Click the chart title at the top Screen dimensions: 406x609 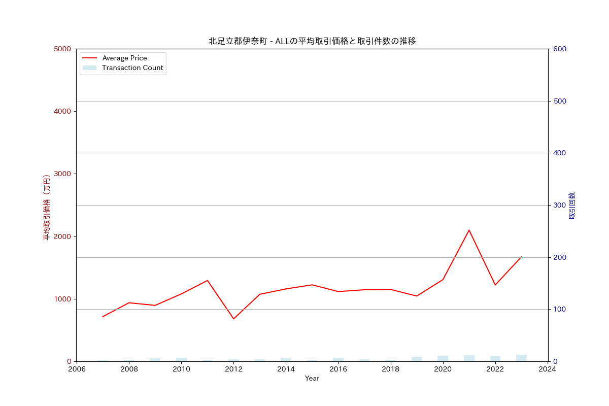pyautogui.click(x=312, y=41)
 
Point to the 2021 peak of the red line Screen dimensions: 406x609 pyautogui.click(x=469, y=230)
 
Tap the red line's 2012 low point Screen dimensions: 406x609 pyautogui.click(x=233, y=319)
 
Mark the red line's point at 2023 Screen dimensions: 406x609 pyautogui.click(x=521, y=257)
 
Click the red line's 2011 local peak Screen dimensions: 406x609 pyautogui.click(x=208, y=280)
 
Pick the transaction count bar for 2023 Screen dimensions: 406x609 pyautogui.click(x=521, y=358)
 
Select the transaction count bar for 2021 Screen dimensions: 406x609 pyautogui.click(x=469, y=358)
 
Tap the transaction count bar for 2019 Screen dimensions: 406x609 pyautogui.click(x=417, y=359)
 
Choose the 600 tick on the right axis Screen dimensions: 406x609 pyautogui.click(x=560, y=49)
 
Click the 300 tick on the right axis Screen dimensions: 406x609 pyautogui.click(x=560, y=206)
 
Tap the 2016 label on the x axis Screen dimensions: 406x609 pyautogui.click(x=338, y=369)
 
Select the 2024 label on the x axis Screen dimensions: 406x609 pyautogui.click(x=548, y=369)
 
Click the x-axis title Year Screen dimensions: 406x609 pyautogui.click(x=312, y=379)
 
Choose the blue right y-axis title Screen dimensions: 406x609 pyautogui.click(x=572, y=206)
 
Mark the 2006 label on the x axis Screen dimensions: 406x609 pyautogui.click(x=77, y=369)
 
